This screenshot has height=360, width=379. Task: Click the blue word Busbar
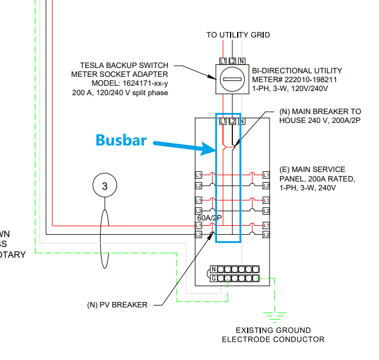[x=121, y=140]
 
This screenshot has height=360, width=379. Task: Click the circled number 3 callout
[x=105, y=186]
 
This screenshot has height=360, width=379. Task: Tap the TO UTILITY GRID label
[x=238, y=35]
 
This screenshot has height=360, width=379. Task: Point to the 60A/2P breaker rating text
[x=209, y=218]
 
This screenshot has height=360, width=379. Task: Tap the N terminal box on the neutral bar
[x=213, y=270]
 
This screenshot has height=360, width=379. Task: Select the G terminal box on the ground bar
[x=213, y=278]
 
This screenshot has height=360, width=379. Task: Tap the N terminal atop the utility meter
[x=241, y=61]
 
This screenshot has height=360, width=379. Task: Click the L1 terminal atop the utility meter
[x=223, y=61]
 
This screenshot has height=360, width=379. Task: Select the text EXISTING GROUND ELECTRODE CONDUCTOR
[x=273, y=335]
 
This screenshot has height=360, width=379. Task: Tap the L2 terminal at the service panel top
[x=232, y=121]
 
